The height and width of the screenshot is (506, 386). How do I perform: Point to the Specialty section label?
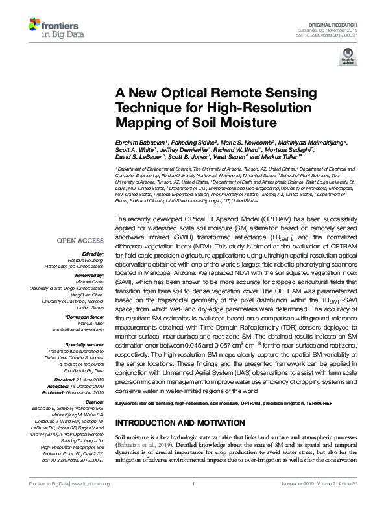(84, 345)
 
